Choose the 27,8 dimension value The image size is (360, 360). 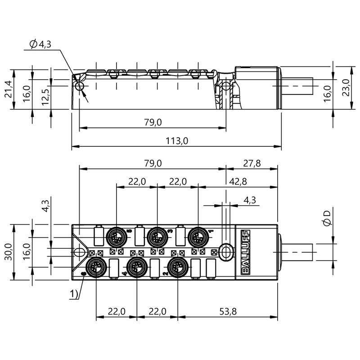click(x=252, y=164)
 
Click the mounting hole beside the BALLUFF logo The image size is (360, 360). click(x=226, y=250)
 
